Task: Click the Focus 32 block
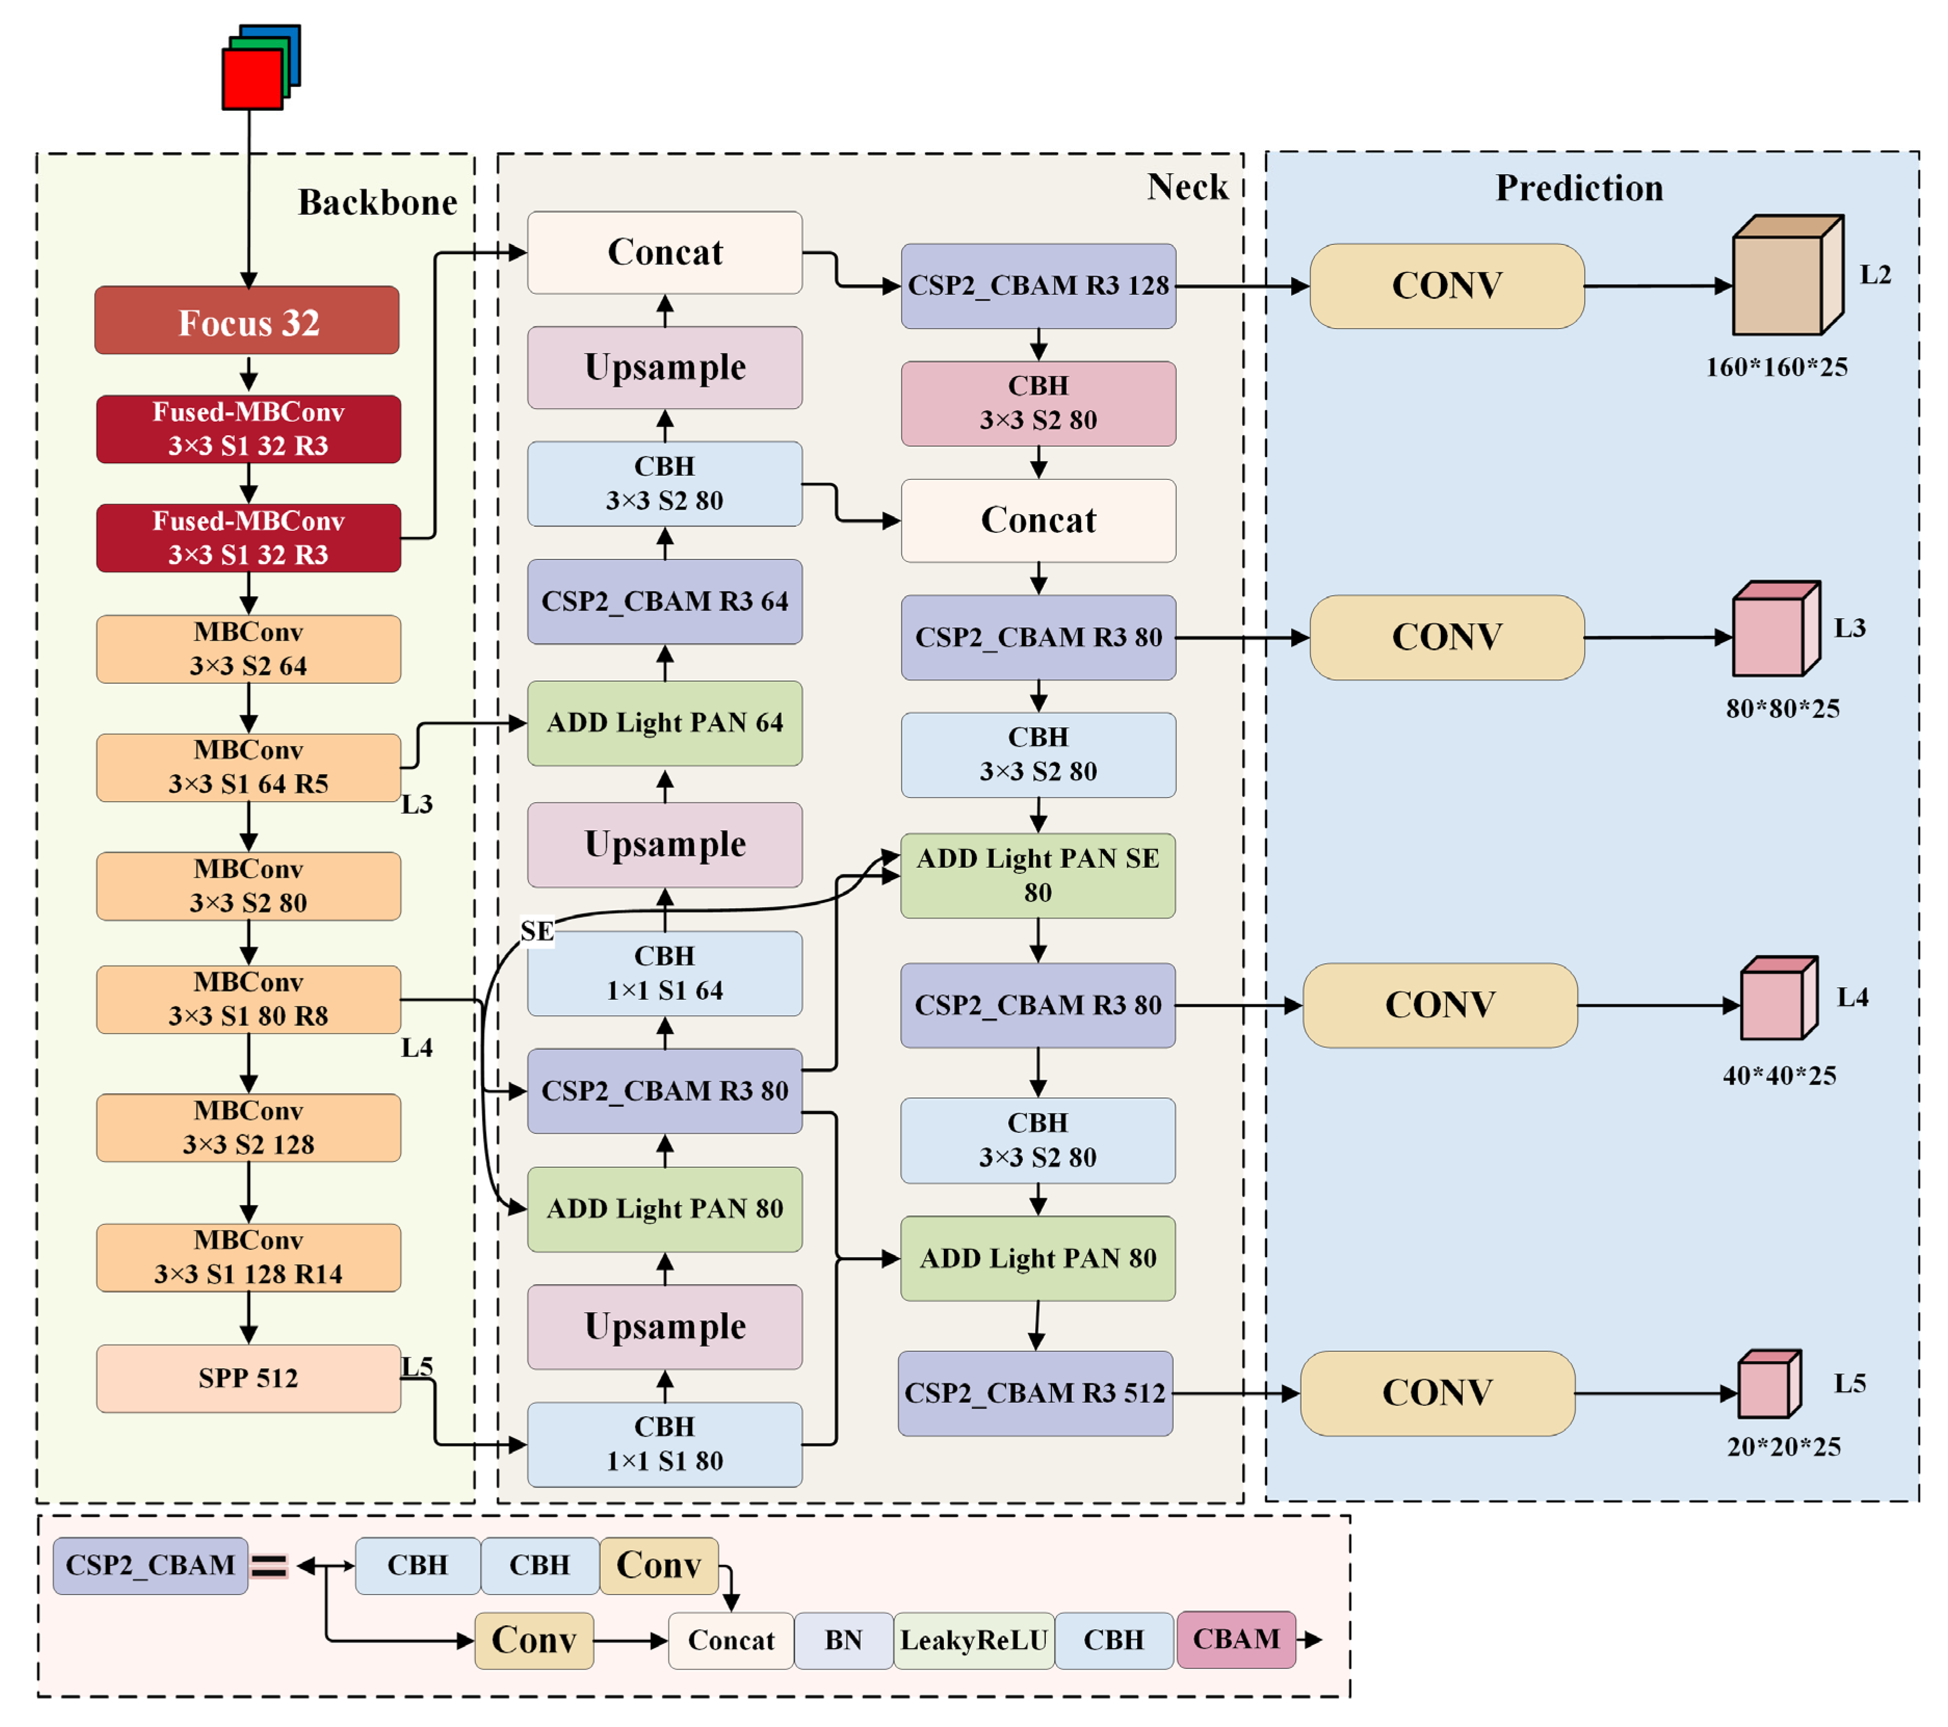247,320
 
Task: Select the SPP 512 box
248,1378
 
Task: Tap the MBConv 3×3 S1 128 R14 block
248,1257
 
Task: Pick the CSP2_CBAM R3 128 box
1038,286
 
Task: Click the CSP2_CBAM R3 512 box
1035,1393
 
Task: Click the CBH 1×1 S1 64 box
664,973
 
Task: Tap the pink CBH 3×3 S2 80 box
1038,403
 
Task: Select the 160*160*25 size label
1776,367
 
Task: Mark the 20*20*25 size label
1783,1447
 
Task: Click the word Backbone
377,202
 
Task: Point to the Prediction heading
1579,188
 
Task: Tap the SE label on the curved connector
536,931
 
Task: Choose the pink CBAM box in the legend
1236,1639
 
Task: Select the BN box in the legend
844,1640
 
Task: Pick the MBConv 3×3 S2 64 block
248,649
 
